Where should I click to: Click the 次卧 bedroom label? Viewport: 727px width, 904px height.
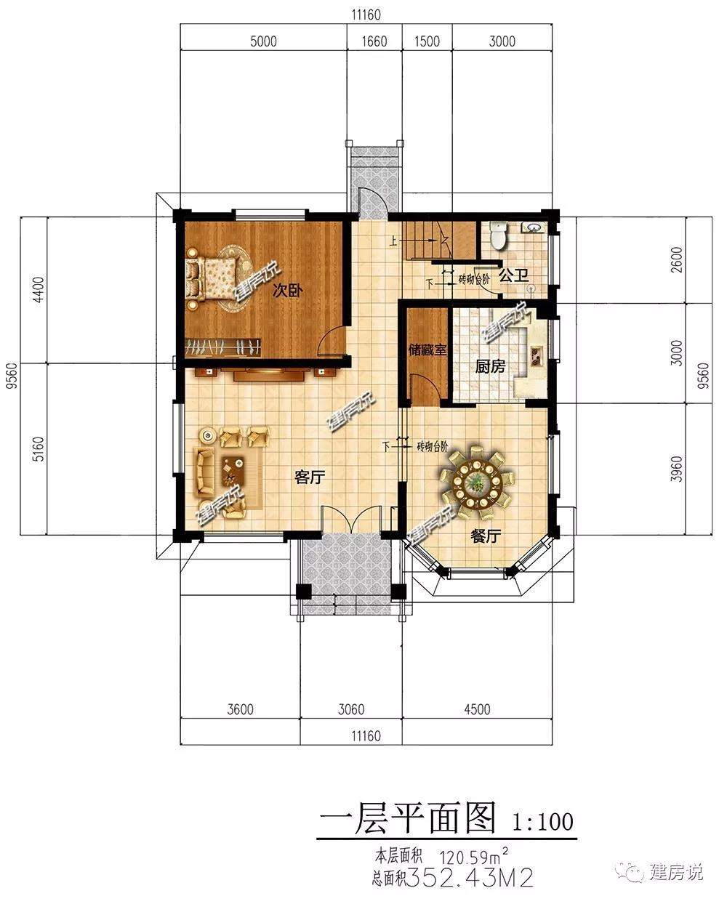click(287, 290)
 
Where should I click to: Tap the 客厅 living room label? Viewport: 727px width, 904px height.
click(310, 477)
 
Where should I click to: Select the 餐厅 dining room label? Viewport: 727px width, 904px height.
click(486, 536)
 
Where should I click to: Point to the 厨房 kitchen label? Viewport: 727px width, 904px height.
click(490, 366)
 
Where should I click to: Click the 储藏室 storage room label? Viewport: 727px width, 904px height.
click(427, 350)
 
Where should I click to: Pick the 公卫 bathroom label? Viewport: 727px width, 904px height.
click(513, 276)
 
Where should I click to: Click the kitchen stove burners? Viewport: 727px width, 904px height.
click(537, 355)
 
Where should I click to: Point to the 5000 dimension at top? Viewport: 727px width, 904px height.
click(263, 41)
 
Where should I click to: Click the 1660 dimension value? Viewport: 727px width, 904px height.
click(374, 41)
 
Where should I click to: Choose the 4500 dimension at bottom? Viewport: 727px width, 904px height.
click(477, 709)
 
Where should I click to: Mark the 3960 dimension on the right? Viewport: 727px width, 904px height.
click(676, 469)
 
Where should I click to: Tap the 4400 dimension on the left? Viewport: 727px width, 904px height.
click(38, 289)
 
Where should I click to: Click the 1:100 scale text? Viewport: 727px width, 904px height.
click(542, 821)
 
